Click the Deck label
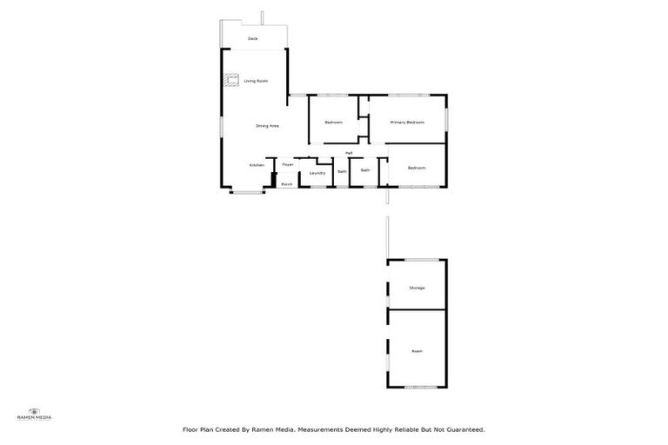click(253, 39)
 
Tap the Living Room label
click(256, 81)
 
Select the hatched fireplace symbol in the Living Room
click(231, 81)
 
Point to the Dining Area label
click(267, 126)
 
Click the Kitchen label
click(257, 165)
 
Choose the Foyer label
click(287, 164)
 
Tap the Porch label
click(286, 184)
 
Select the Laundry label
click(317, 173)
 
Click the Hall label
click(348, 153)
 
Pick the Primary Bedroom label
click(407, 123)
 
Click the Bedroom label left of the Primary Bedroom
click(333, 123)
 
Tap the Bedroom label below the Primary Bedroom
click(417, 168)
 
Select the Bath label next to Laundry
click(342, 171)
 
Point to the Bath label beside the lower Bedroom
click(365, 170)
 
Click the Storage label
click(417, 288)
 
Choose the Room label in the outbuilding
click(417, 351)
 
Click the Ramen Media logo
click(35, 414)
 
